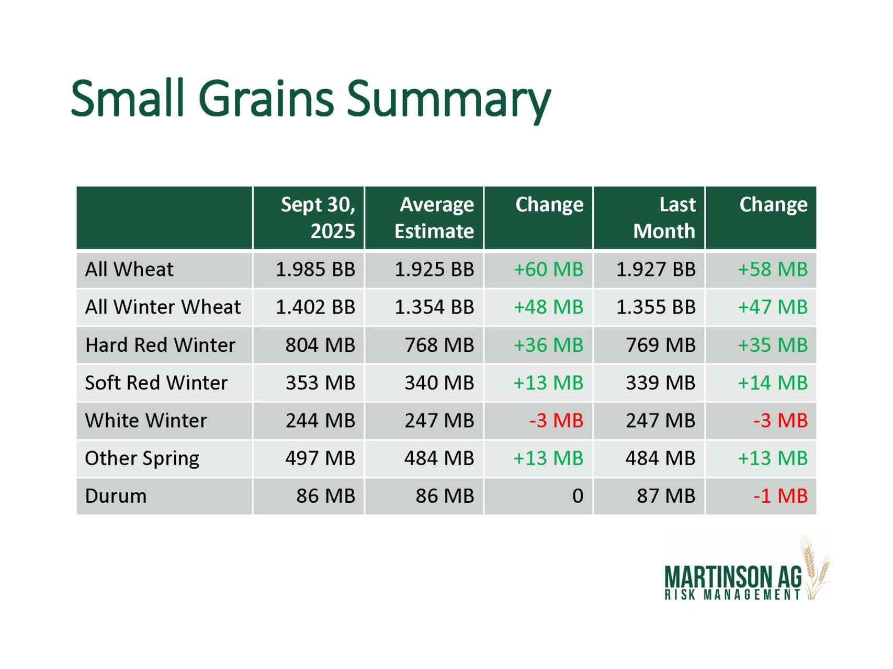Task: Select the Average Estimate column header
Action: (434, 217)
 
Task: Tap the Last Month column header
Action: (664, 217)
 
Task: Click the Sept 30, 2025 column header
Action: (318, 217)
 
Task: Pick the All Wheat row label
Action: (129, 269)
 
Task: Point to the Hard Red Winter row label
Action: (160, 345)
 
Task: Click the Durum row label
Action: (116, 495)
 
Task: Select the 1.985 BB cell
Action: (315, 269)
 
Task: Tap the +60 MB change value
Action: (548, 269)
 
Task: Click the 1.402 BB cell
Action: (315, 307)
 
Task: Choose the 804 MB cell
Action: (320, 345)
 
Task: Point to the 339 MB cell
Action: (661, 383)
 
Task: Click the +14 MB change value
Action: (773, 383)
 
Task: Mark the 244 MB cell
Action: (320, 420)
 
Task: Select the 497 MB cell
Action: (320, 458)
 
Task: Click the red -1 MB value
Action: (781, 495)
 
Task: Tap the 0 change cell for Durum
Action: (578, 495)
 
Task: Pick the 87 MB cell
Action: (666, 495)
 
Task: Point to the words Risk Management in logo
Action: (732, 595)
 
